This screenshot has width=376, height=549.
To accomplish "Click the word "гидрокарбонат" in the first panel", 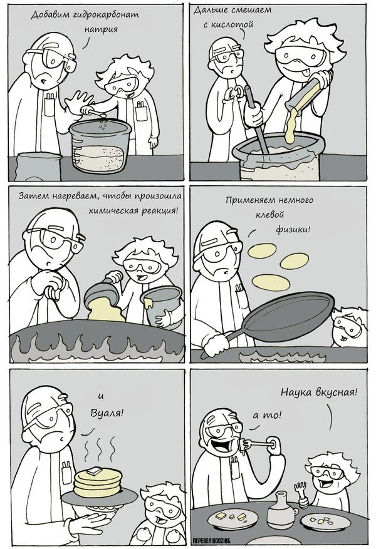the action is tap(106, 14).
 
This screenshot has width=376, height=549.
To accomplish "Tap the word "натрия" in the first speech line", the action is tap(101, 29).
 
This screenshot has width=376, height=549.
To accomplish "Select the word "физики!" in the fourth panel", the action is tap(293, 229).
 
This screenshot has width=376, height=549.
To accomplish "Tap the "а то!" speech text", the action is tap(267, 415).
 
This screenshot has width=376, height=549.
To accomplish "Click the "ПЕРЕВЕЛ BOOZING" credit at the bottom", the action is tap(212, 541).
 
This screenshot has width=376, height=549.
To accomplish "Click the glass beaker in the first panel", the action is tap(100, 146).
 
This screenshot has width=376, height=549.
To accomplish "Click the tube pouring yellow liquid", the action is tap(307, 92).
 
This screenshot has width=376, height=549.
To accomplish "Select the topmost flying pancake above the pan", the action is tap(262, 250).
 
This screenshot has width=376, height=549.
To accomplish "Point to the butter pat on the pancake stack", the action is tap(94, 471).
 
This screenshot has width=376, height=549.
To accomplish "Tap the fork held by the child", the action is tap(301, 494).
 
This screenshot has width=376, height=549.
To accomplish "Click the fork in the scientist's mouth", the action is tap(258, 444).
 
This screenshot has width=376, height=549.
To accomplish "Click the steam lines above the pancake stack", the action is tap(100, 449).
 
